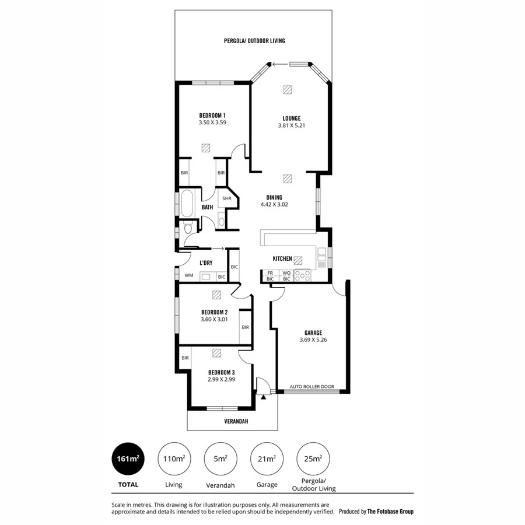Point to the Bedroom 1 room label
(212, 115)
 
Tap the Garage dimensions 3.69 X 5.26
(313, 340)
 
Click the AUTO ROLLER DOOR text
(313, 386)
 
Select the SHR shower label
(226, 198)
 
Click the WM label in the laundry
(188, 275)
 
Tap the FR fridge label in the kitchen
(270, 272)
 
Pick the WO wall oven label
(286, 272)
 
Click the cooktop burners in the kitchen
(303, 275)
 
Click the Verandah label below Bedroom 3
(233, 421)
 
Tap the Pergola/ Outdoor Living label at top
(254, 41)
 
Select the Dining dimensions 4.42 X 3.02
(274, 205)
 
